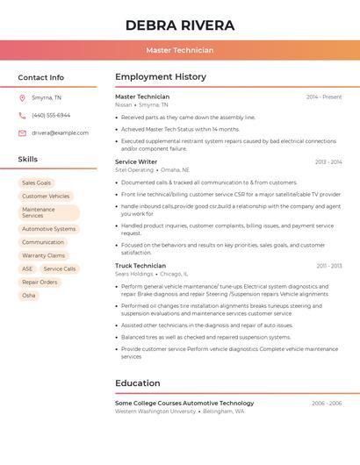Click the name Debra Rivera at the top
click(180, 25)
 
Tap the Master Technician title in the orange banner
click(180, 51)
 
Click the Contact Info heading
click(41, 78)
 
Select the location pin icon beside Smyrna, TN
click(22, 97)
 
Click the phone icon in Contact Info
click(22, 115)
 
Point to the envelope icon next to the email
click(22, 133)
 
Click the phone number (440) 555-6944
click(51, 115)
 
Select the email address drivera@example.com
click(60, 133)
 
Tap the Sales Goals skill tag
click(37, 183)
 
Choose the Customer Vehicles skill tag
click(46, 197)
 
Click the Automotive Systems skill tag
click(49, 229)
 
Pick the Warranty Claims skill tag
click(44, 255)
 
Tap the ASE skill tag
click(27, 269)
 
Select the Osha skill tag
click(29, 296)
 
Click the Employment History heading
click(161, 77)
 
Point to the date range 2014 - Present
click(324, 97)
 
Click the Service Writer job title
click(136, 162)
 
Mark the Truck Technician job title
click(140, 266)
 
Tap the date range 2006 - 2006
click(327, 404)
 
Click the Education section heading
click(138, 383)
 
